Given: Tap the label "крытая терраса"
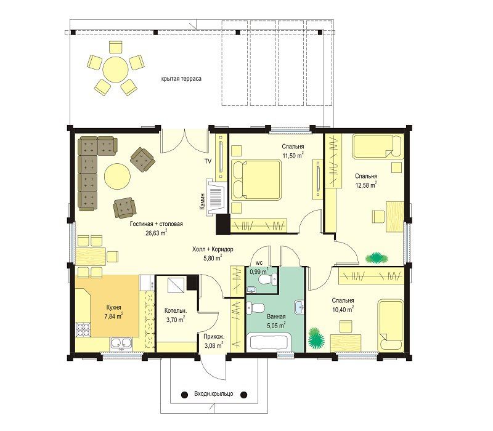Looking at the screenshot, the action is click(181, 79).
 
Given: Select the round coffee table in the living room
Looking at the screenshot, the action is click(117, 175).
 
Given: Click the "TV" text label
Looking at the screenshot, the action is click(208, 161).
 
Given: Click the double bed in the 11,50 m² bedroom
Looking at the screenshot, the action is click(256, 180).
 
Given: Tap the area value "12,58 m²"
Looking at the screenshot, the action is click(366, 185).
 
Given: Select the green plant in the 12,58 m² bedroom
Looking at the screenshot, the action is click(377, 258).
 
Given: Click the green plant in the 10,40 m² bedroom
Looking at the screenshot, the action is click(316, 338).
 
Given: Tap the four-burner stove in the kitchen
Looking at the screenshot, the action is click(83, 329).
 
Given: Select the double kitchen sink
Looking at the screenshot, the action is click(121, 344).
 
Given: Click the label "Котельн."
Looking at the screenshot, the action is click(176, 311).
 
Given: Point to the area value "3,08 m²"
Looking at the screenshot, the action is click(213, 346).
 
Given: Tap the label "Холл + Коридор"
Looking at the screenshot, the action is click(213, 249).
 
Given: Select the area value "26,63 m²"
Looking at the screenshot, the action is click(157, 233).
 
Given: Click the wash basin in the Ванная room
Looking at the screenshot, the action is click(299, 307).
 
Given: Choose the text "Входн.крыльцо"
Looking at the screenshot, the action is click(213, 393).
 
